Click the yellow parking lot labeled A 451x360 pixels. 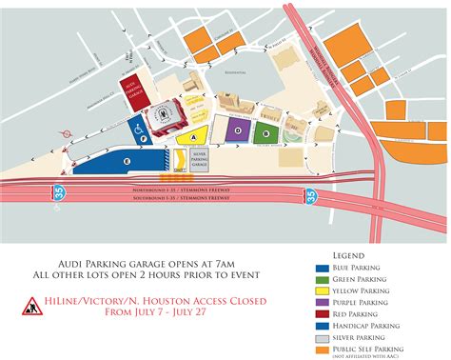(x=195, y=137)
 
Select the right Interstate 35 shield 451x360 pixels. (x=311, y=194)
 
